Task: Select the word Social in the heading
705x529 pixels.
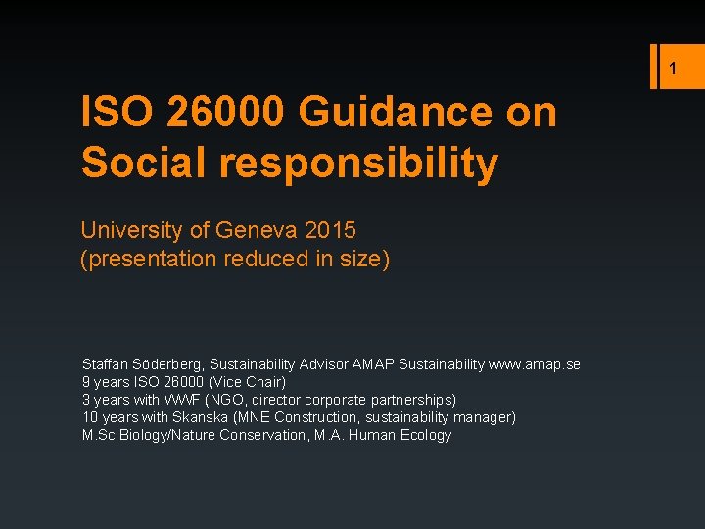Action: pyautogui.click(x=143, y=163)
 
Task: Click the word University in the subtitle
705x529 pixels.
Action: pyautogui.click(x=131, y=231)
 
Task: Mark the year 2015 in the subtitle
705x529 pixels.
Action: pyautogui.click(x=330, y=231)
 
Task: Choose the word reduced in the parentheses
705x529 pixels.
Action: pyautogui.click(x=259, y=261)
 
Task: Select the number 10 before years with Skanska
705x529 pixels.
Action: pyautogui.click(x=89, y=417)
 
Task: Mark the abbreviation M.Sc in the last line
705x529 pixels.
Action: pyautogui.click(x=98, y=435)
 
